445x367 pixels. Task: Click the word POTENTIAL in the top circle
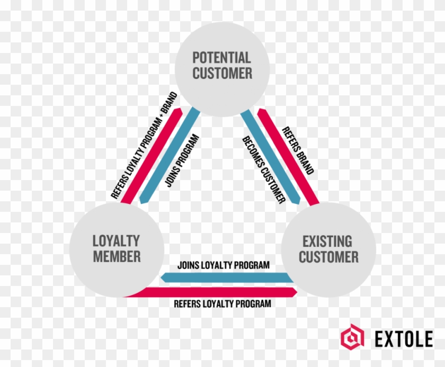(222, 57)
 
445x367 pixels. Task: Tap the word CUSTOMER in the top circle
(222, 74)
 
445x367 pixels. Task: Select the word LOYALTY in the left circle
(116, 241)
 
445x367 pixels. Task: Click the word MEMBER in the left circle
(116, 257)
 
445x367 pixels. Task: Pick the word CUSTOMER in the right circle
(328, 258)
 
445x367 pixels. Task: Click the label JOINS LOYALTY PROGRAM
(224, 265)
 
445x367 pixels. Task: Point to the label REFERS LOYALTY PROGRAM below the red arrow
(222, 304)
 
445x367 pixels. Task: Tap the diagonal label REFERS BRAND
(297, 151)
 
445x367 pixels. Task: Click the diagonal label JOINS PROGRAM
(182, 160)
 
